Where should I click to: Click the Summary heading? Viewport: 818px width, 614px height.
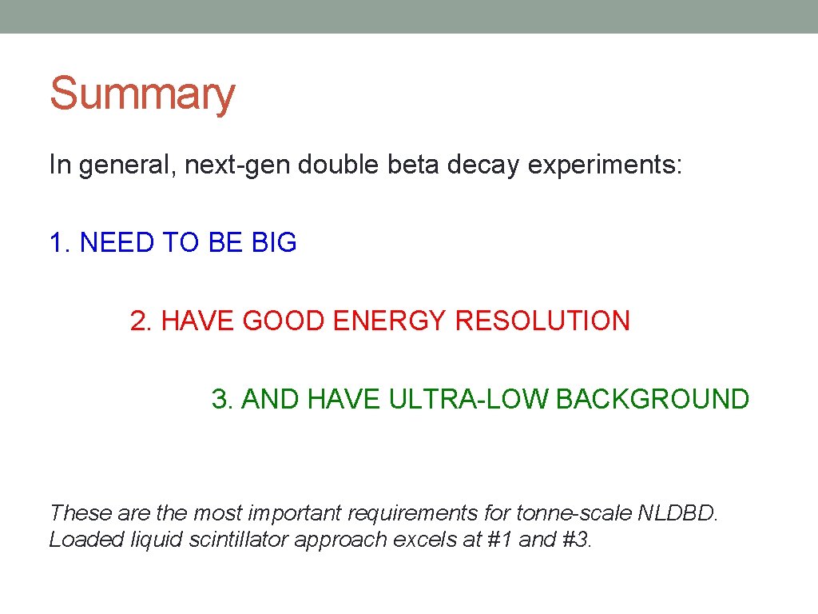(142, 94)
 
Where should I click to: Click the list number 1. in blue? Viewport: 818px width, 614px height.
(61, 243)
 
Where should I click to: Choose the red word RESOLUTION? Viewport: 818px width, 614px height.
(542, 321)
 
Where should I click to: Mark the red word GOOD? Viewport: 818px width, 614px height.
(284, 321)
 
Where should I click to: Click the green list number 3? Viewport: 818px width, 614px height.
(222, 399)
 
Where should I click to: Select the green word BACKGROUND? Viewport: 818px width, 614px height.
(652, 399)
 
